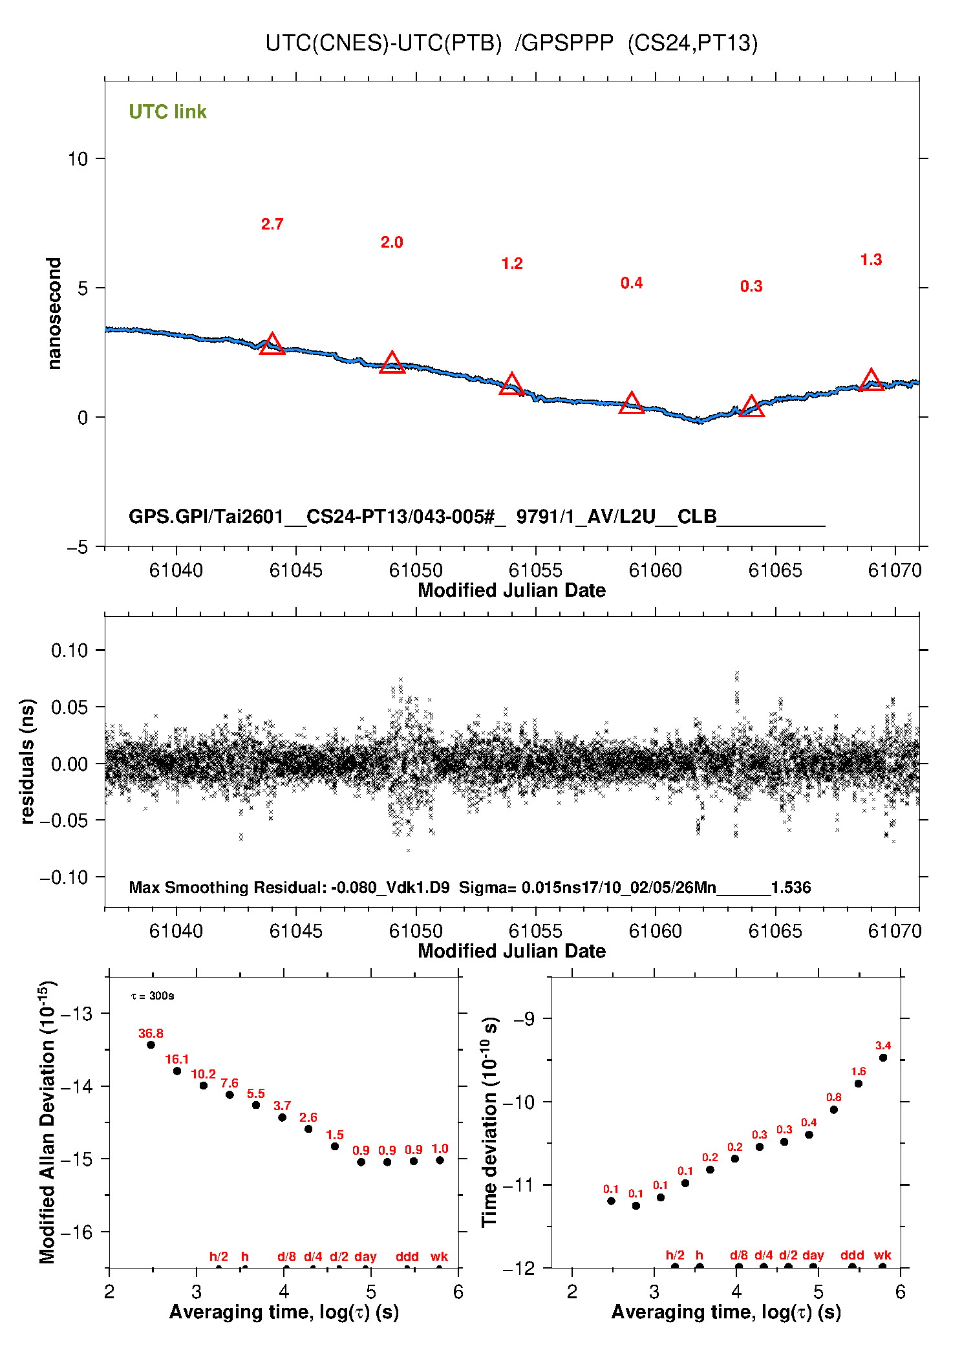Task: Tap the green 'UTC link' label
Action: point(167,112)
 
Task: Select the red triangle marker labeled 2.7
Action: point(272,345)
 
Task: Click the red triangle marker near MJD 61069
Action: point(871,380)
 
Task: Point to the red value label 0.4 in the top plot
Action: point(632,283)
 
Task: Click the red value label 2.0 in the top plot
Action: point(392,242)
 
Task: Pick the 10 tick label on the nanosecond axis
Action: point(78,159)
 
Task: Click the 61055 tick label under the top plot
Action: point(535,570)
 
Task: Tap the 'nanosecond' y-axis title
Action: point(54,314)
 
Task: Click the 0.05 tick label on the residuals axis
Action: point(69,707)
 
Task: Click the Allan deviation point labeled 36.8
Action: point(151,1045)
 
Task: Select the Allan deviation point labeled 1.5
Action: point(335,1146)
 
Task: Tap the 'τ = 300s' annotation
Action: point(153,996)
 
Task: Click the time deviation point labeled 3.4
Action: point(883,1058)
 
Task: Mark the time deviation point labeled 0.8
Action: point(834,1109)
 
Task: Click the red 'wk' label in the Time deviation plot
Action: point(882,1256)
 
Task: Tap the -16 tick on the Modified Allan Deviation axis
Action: point(76,1232)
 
